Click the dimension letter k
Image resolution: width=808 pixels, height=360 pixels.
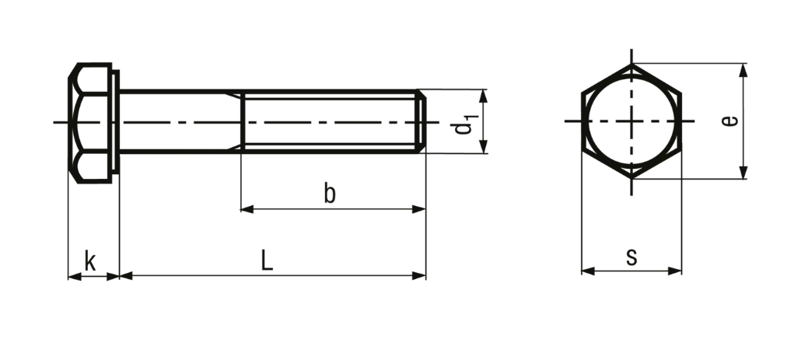click(90, 261)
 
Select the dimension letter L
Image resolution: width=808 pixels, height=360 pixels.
click(267, 260)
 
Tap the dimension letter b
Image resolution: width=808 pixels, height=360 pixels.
click(330, 193)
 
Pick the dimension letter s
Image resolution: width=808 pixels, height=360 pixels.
click(631, 257)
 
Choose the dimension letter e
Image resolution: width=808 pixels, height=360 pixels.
click(729, 121)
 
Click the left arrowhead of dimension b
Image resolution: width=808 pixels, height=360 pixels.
click(247, 209)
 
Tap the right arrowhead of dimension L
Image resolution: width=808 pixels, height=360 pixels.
click(419, 276)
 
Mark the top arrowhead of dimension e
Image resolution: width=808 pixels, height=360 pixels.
click(743, 70)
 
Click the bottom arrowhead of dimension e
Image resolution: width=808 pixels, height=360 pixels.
click(743, 173)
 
